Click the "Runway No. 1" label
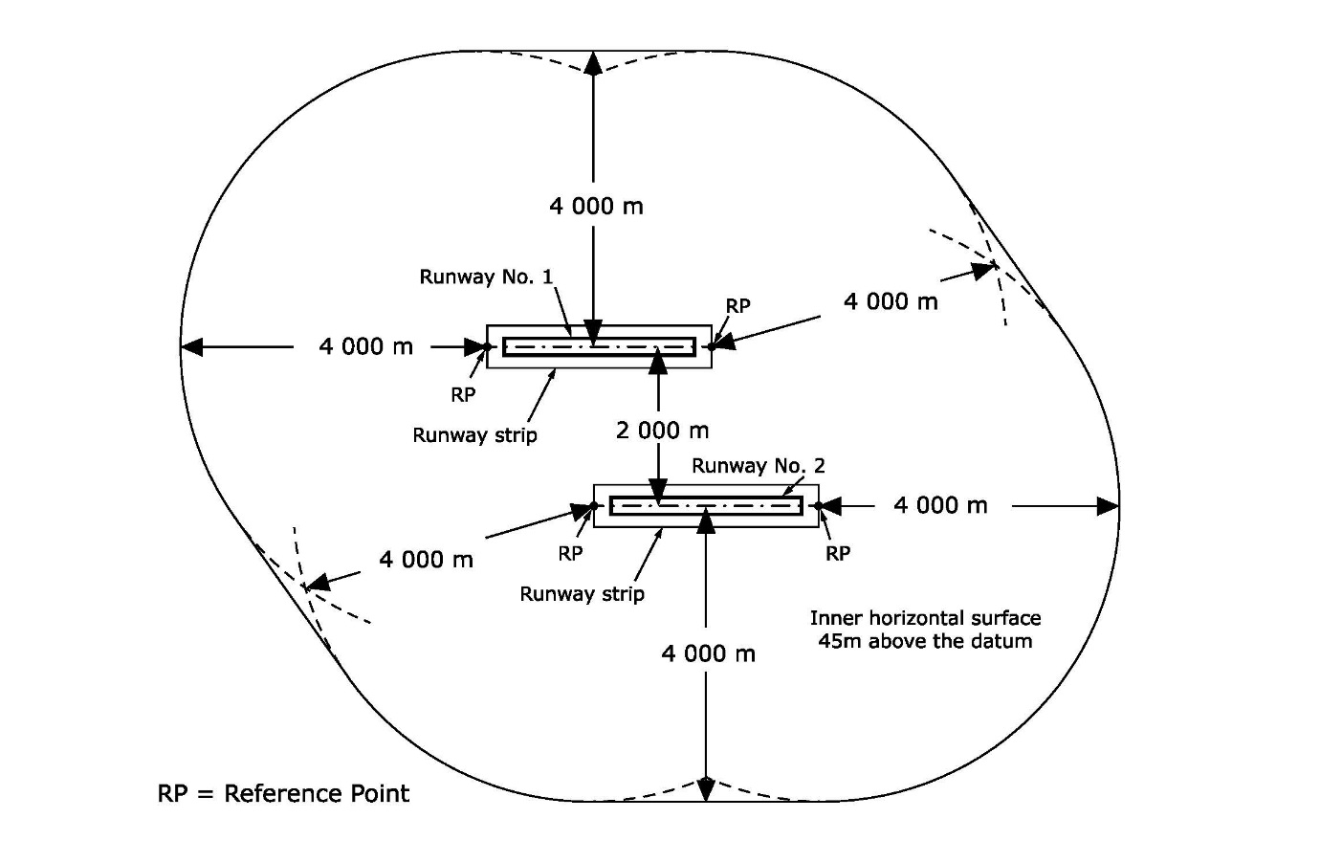[486, 277]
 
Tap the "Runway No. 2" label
[758, 466]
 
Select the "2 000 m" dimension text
[662, 431]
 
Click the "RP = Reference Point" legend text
[283, 793]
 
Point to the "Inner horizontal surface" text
[925, 618]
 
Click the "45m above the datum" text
[925, 641]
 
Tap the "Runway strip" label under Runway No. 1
[474, 435]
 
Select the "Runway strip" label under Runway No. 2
[582, 594]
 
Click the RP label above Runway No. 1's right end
[737, 306]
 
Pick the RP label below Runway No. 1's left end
[463, 394]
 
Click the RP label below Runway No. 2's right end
[838, 554]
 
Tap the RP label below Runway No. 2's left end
[570, 553]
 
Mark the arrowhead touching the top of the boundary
[593, 63]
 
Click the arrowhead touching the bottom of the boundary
[706, 789]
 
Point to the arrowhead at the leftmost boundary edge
[192, 346]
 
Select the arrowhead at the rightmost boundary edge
[1108, 506]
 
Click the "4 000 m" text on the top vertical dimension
[596, 206]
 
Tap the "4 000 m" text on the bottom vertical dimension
[708, 653]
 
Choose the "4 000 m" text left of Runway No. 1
[365, 346]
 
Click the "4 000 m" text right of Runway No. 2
[940, 505]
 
